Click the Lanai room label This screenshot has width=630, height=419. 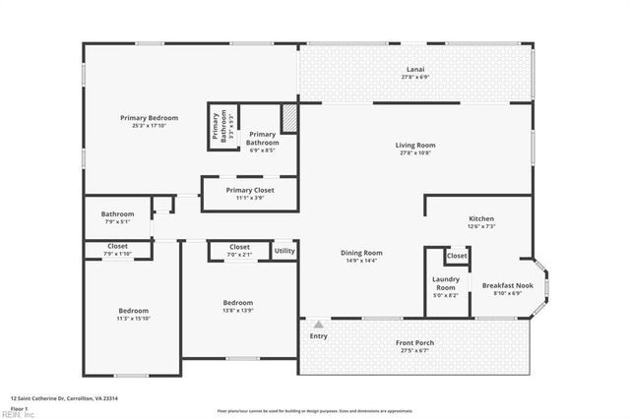click(416, 69)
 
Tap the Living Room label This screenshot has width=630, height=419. click(416, 145)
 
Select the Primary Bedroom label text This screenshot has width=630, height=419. click(149, 118)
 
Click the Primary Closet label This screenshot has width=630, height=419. click(249, 190)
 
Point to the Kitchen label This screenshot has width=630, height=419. click(480, 218)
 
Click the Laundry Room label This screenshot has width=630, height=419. click(446, 283)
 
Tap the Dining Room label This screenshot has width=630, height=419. click(361, 253)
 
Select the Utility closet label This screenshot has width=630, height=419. click(284, 251)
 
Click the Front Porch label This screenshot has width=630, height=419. click(414, 342)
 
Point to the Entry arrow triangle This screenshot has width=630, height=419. click(318, 323)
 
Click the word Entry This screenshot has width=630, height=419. click(318, 336)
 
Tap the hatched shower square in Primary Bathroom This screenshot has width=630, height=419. click(289, 118)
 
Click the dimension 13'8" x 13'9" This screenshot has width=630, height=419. click(237, 310)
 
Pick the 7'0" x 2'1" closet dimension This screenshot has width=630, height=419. click(239, 255)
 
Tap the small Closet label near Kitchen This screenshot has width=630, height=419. click(457, 256)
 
